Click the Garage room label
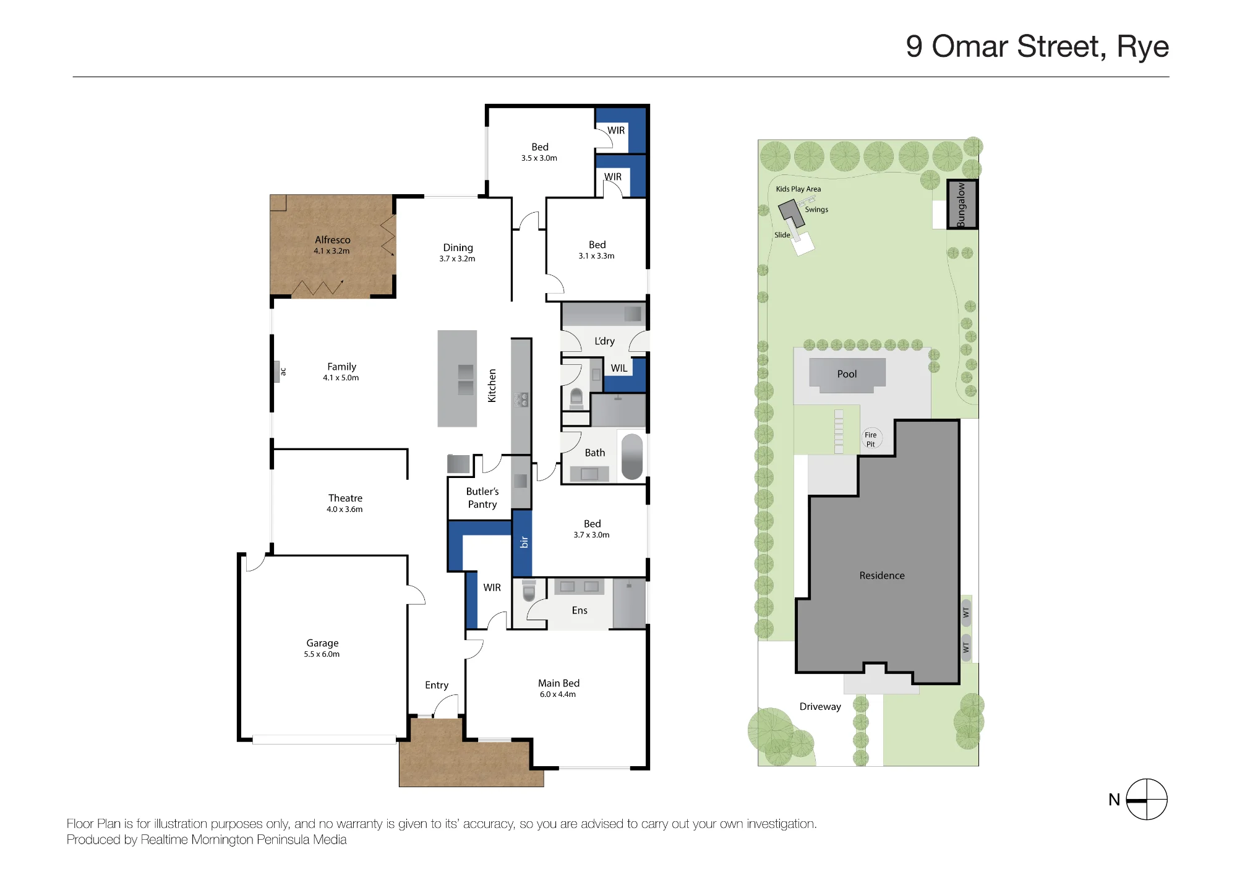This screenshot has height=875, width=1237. pyautogui.click(x=322, y=643)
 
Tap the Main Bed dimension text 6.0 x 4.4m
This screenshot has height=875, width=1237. pyautogui.click(x=558, y=694)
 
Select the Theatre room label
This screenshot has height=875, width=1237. pyautogui.click(x=345, y=498)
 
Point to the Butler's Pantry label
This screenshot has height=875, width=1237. pyautogui.click(x=482, y=498)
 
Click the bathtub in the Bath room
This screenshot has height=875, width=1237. pyautogui.click(x=632, y=457)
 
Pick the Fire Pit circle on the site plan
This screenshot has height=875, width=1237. pyautogui.click(x=871, y=439)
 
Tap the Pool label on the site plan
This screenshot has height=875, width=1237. pyautogui.click(x=847, y=374)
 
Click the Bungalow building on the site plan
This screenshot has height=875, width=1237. pyautogui.click(x=962, y=205)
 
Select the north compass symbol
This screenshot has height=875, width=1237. pyautogui.click(x=1146, y=800)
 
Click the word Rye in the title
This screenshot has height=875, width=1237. pyautogui.click(x=1142, y=47)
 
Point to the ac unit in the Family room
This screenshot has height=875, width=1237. pyautogui.click(x=276, y=372)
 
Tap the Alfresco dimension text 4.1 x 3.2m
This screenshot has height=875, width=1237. pyautogui.click(x=332, y=251)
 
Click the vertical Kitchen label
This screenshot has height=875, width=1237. pyautogui.click(x=492, y=386)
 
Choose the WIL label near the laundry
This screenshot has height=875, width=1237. pyautogui.click(x=619, y=368)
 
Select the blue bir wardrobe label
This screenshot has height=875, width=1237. pyautogui.click(x=524, y=542)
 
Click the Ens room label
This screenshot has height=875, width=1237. pyautogui.click(x=580, y=610)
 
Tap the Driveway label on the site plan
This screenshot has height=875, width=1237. pyautogui.click(x=820, y=707)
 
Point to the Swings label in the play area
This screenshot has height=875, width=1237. pyautogui.click(x=816, y=210)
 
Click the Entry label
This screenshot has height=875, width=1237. pyautogui.click(x=437, y=685)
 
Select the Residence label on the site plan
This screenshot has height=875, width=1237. pyautogui.click(x=882, y=576)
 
